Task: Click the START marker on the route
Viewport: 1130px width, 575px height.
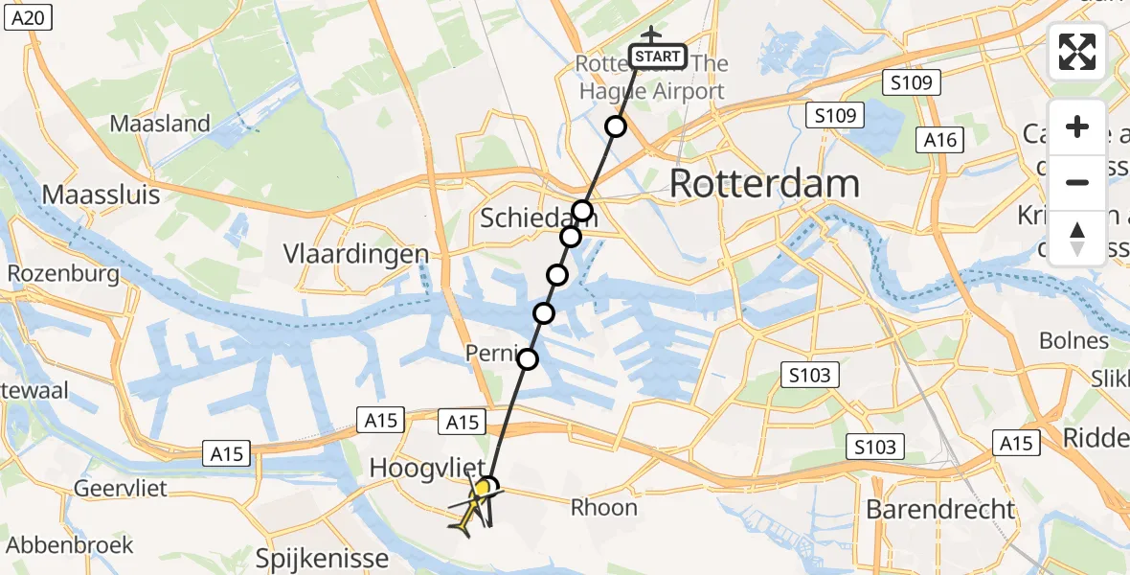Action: pos(658,57)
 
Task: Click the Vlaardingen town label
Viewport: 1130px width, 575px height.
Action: pos(356,254)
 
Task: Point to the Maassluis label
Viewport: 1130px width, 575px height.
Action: pos(101,195)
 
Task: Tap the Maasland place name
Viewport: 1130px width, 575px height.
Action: pos(160,123)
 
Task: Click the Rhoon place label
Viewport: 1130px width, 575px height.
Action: pos(604,507)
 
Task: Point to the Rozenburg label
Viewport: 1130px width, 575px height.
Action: pos(63,274)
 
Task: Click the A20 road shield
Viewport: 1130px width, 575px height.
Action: pos(27,16)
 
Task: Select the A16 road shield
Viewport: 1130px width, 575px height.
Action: pos(939,140)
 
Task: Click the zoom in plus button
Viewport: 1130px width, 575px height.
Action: pos(1077,126)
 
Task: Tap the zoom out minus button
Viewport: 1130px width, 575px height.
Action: pos(1077,182)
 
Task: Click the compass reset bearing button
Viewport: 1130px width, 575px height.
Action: pos(1077,238)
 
